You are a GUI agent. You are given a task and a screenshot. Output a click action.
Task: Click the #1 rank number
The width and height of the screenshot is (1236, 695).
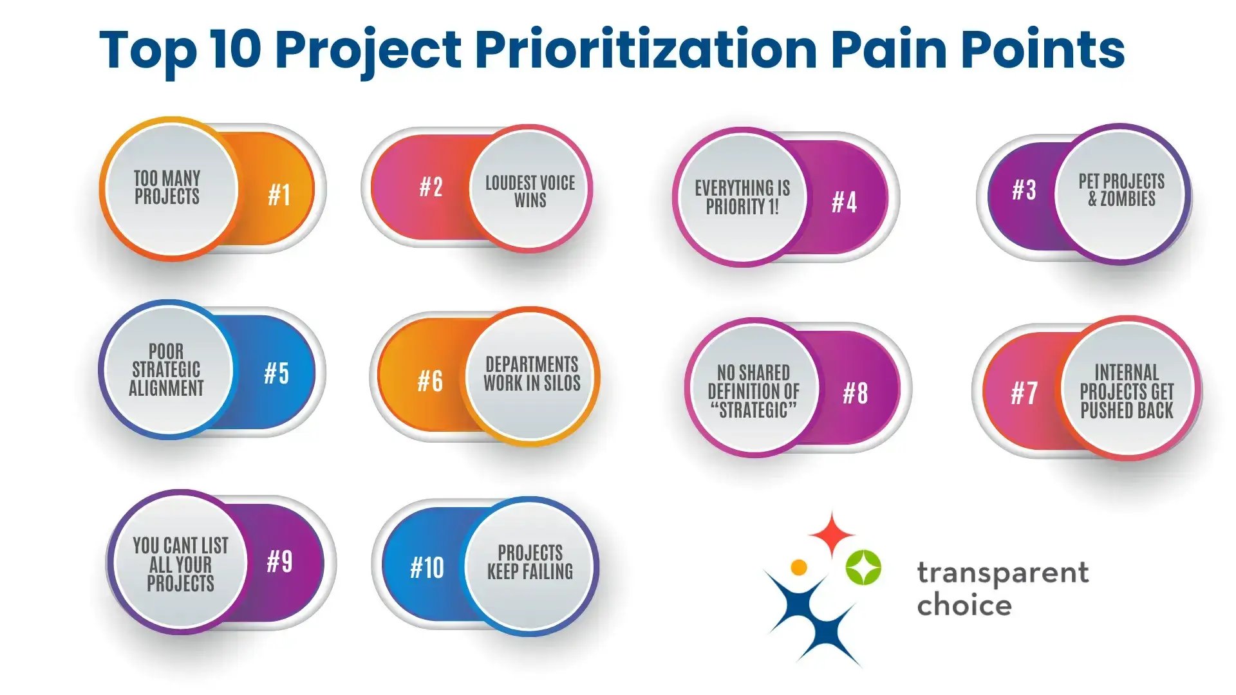click(279, 194)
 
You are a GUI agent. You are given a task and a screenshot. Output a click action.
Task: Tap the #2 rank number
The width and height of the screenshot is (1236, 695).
click(431, 187)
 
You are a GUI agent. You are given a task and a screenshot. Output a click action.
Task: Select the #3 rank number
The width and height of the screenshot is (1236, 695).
click(1024, 190)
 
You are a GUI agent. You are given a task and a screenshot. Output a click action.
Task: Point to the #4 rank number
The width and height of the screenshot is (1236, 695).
click(845, 202)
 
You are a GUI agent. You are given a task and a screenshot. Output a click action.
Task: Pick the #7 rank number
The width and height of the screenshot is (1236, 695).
click(1024, 393)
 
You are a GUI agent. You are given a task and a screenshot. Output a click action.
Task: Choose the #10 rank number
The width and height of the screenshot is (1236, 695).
click(427, 568)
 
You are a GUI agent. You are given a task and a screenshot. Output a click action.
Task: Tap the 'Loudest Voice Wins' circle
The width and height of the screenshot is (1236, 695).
click(530, 190)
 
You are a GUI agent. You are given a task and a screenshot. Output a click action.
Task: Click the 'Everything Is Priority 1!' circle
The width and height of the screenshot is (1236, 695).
click(742, 198)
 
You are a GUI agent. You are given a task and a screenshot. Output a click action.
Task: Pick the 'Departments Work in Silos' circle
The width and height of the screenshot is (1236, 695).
click(532, 375)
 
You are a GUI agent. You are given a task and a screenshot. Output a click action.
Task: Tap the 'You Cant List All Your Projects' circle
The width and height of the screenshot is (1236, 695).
click(180, 564)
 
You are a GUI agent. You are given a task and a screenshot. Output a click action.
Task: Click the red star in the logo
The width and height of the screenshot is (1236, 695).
click(831, 533)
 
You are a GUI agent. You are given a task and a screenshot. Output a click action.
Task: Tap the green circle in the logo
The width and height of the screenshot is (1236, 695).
click(863, 568)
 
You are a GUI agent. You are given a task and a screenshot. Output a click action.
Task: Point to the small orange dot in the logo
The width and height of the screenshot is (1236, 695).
click(799, 567)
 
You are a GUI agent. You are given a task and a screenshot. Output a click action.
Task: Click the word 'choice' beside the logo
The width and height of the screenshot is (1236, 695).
click(964, 606)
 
